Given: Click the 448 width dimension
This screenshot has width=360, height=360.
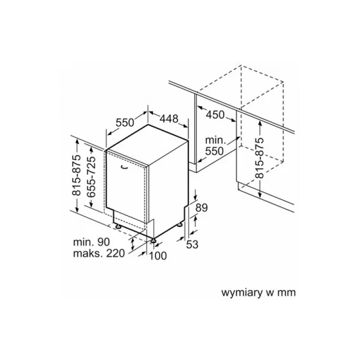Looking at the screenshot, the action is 169,119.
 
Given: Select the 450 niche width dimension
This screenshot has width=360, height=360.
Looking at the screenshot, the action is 215,115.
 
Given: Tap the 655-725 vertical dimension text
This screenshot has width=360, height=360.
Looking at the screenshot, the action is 91,177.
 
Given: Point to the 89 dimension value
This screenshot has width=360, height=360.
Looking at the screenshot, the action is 202,207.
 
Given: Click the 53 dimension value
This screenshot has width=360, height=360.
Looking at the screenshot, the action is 192,244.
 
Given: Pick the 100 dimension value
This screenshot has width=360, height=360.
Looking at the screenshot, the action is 158,256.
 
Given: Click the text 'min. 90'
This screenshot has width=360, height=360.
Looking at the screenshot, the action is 92,242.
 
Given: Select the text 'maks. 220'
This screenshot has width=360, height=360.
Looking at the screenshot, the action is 99,253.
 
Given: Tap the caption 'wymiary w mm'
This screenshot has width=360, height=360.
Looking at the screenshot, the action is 258,293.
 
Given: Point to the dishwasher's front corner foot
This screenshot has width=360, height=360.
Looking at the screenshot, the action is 153,241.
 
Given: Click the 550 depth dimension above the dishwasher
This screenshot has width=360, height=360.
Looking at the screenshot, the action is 125,122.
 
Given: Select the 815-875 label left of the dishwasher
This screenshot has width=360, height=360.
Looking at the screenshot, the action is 76,175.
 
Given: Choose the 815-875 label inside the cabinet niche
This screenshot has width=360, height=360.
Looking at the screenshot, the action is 260,158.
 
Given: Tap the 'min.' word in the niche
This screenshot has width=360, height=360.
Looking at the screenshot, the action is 216,140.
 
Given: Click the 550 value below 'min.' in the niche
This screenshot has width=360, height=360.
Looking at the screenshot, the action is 214,151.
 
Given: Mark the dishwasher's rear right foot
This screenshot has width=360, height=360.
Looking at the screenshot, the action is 180,224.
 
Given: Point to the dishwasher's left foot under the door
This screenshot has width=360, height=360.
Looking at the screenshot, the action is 118,227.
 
